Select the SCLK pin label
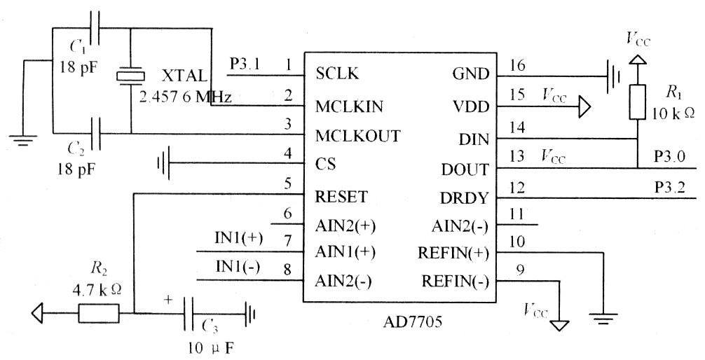[x=337, y=72]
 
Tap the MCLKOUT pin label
[x=357, y=135]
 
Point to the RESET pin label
[x=341, y=196]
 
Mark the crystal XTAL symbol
[x=130, y=76]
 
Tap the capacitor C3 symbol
[x=189, y=313]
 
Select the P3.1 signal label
[x=245, y=64]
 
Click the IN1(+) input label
[x=238, y=238]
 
